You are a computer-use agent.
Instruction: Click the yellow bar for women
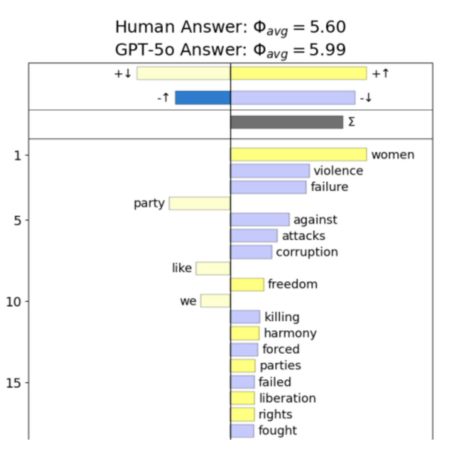click(x=298, y=154)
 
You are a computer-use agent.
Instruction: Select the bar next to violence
click(x=270, y=171)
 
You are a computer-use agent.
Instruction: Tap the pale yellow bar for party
click(x=200, y=203)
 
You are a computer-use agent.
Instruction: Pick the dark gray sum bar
click(x=287, y=122)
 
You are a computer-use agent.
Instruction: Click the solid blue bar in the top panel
click(x=203, y=98)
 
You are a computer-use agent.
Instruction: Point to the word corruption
click(x=307, y=252)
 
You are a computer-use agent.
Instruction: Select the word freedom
click(x=292, y=284)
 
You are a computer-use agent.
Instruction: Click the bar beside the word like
click(x=213, y=268)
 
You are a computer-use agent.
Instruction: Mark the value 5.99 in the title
click(x=327, y=50)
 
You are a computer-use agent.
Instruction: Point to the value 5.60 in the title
click(x=327, y=27)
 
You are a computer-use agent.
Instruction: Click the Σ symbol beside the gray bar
click(x=351, y=122)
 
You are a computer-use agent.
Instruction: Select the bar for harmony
click(x=245, y=333)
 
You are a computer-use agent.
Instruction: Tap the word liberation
click(x=287, y=398)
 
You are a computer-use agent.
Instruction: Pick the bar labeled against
click(x=260, y=220)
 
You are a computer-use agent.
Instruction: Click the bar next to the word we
click(x=215, y=301)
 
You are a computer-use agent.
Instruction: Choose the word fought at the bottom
click(x=278, y=431)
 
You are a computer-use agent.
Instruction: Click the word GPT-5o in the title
click(x=145, y=50)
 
